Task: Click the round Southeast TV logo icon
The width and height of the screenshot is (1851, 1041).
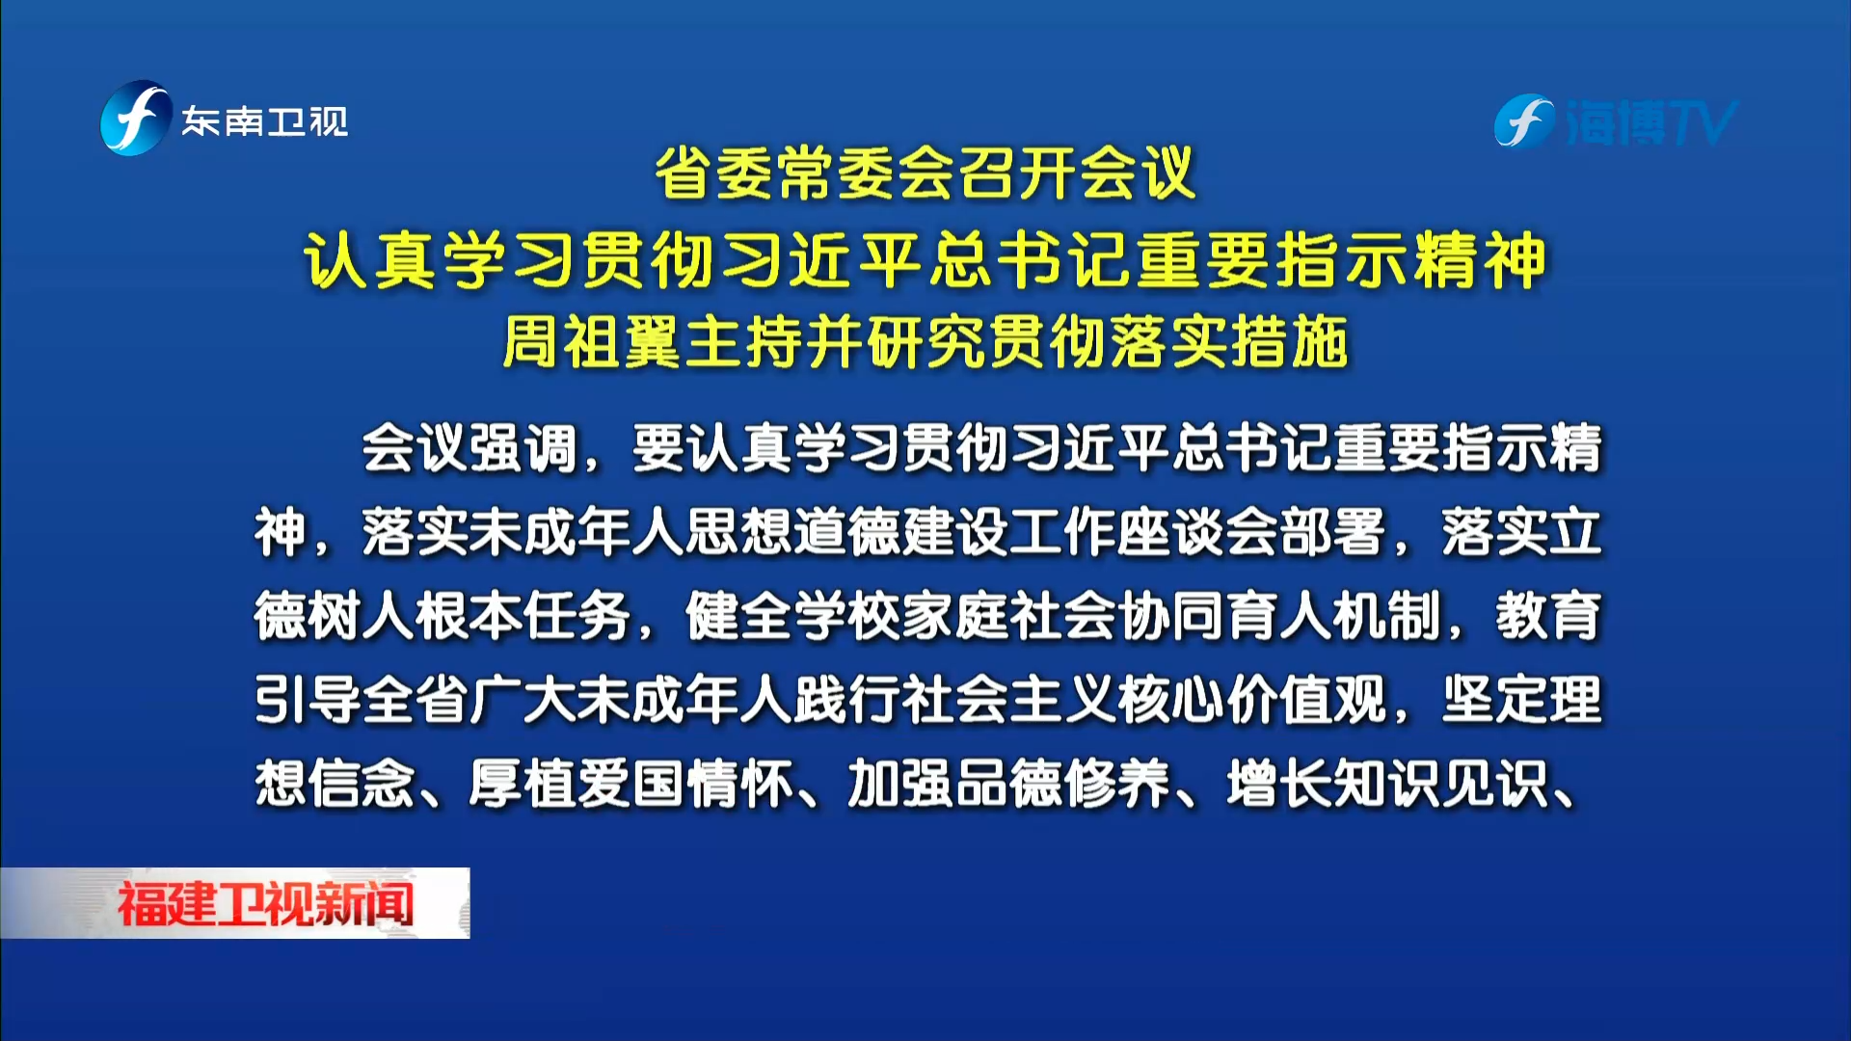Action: [x=135, y=119]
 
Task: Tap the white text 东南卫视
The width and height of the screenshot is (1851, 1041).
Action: [x=265, y=121]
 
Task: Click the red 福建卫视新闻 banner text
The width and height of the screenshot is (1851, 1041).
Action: [x=265, y=904]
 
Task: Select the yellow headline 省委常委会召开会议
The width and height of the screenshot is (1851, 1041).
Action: [x=925, y=173]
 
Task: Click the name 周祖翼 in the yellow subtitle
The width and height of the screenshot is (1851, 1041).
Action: [x=593, y=342]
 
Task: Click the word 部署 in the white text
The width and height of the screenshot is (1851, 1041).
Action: [x=1332, y=532]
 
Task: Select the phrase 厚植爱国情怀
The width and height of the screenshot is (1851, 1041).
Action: [x=631, y=784]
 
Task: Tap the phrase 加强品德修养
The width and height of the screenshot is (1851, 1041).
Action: [x=1008, y=784]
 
